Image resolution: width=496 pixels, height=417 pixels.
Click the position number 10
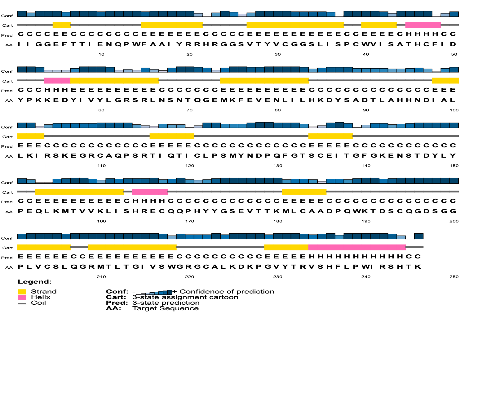[101, 54]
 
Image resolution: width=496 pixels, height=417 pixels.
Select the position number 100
[454, 110]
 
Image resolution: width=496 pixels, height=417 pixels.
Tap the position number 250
[454, 277]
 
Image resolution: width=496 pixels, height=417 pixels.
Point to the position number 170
[189, 221]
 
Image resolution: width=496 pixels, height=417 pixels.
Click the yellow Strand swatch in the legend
[22, 292]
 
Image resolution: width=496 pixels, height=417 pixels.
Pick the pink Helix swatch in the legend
[22, 297]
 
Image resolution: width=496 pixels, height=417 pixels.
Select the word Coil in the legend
[38, 303]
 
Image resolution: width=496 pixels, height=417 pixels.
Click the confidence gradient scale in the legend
[154, 292]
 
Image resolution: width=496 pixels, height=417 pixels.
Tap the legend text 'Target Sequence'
[166, 308]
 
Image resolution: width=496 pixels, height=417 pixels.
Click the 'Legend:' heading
[35, 282]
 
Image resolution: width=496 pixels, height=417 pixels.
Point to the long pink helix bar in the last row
[357, 247]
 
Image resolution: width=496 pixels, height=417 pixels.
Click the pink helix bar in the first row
[423, 25]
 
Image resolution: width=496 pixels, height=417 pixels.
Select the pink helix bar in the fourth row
[150, 192]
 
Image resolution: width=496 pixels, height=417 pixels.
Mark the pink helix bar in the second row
[57, 81]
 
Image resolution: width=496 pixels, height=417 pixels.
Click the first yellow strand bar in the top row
[62, 25]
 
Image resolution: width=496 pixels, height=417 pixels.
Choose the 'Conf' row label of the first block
[7, 16]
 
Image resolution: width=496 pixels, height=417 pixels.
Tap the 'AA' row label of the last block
[9, 267]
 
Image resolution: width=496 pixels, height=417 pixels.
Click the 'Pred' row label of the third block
[7, 146]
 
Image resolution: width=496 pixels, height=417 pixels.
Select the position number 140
[366, 166]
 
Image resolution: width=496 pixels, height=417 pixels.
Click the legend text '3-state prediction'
[166, 303]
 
